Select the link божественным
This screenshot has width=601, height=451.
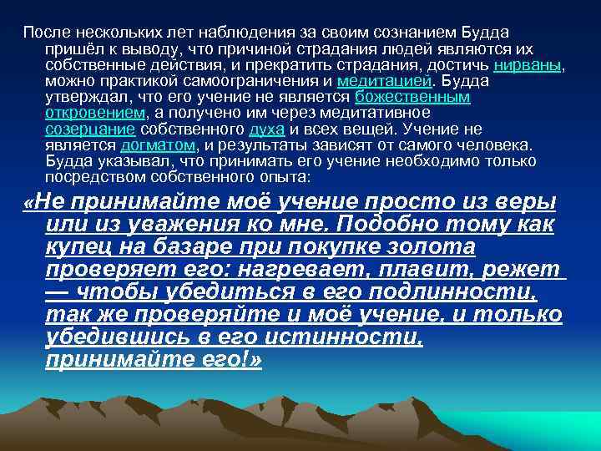(x=412, y=97)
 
